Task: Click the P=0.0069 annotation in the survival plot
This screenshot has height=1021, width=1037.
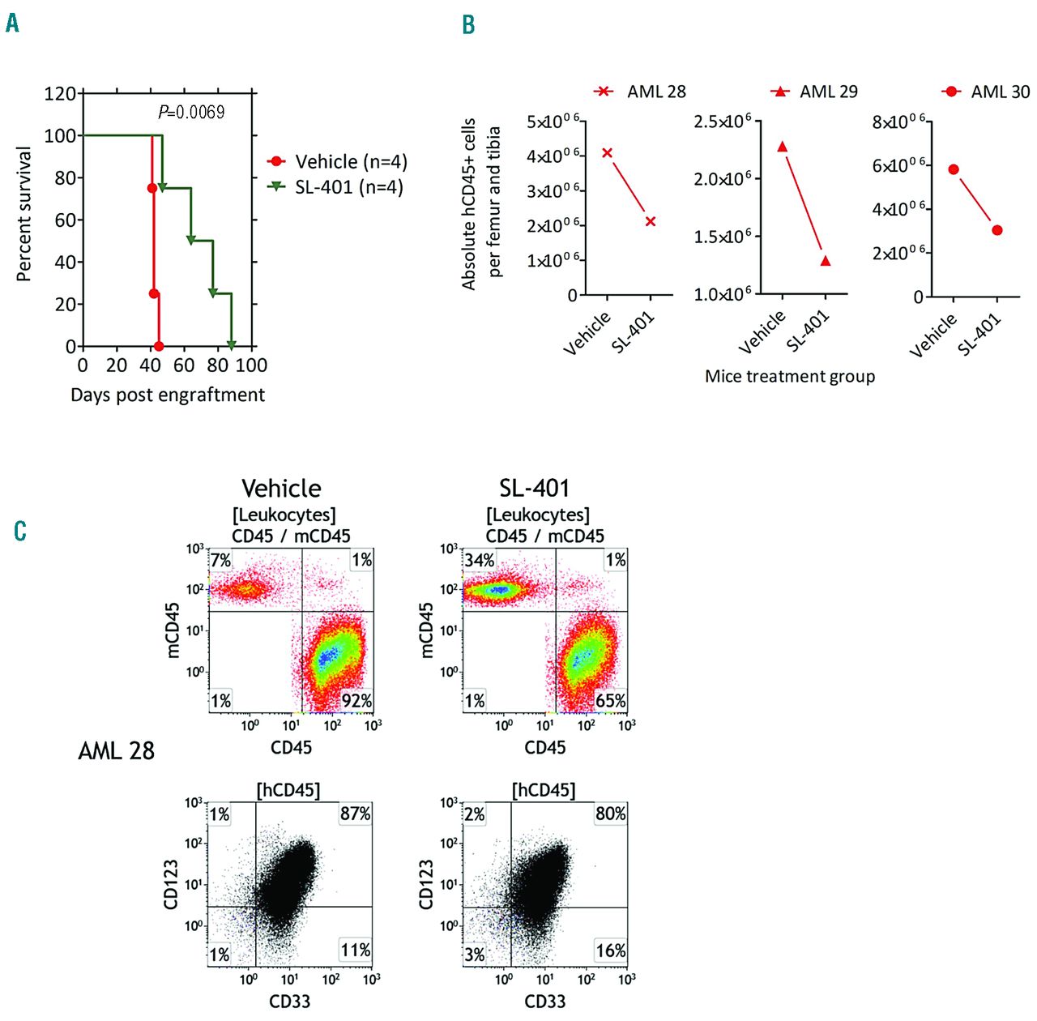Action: [x=191, y=113]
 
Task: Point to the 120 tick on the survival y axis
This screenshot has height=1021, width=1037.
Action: [x=60, y=94]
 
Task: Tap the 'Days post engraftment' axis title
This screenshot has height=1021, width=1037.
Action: [x=168, y=395]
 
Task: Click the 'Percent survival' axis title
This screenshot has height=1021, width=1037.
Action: [x=23, y=214]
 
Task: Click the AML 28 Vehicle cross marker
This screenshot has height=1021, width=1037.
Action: [x=608, y=153]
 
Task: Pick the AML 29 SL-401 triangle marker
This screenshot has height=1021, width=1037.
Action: [x=826, y=261]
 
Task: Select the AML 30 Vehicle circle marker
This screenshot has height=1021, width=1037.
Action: [x=954, y=169]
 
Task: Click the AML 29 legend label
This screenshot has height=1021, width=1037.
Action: [x=828, y=92]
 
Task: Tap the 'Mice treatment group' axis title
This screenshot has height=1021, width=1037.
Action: [x=790, y=376]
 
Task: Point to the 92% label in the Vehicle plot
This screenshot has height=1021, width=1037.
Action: [x=356, y=700]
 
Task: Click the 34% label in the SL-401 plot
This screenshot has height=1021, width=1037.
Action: [x=480, y=561]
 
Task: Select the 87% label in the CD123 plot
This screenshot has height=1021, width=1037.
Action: [x=356, y=814]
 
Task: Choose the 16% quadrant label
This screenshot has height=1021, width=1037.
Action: [x=611, y=951]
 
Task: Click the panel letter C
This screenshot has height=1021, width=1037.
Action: [x=20, y=531]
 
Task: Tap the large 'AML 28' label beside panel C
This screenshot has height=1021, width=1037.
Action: [x=116, y=751]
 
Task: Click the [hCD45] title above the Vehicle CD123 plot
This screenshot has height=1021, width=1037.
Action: [x=288, y=790]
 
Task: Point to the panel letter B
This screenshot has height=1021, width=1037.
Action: [x=468, y=25]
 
